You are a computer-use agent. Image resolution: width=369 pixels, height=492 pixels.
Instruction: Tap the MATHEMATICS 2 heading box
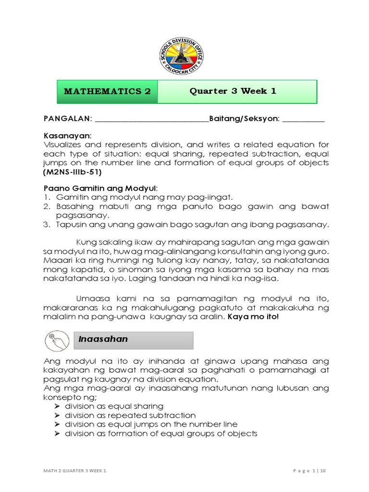tap(107, 91)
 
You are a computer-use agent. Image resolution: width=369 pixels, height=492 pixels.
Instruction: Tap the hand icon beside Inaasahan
tap(57, 341)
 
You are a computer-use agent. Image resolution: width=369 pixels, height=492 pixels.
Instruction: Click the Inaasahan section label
tap(103, 339)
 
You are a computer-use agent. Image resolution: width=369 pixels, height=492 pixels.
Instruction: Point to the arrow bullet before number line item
tap(56, 425)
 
